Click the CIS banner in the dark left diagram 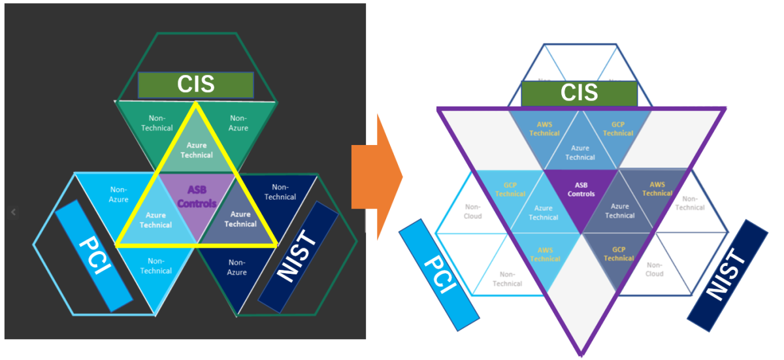pos(195,86)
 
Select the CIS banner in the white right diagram pos(579,93)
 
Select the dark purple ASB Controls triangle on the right pos(581,189)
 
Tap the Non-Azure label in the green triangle pos(238,123)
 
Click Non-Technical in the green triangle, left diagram pos(156,123)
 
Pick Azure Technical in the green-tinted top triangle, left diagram pos(197,150)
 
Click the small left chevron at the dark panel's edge pos(14,212)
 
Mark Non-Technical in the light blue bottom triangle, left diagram pos(155,267)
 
